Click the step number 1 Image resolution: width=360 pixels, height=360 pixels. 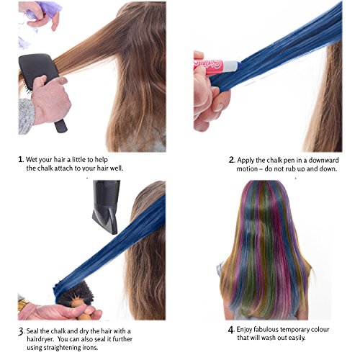(x=21, y=159)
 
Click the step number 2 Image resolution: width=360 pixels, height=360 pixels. (x=231, y=160)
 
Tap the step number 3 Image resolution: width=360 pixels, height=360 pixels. (x=21, y=331)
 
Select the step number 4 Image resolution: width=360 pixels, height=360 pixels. (x=231, y=330)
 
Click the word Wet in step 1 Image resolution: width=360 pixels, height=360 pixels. (x=32, y=160)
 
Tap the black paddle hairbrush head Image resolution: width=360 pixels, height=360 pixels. (x=38, y=71)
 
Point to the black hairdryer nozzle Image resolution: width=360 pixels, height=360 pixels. (x=106, y=207)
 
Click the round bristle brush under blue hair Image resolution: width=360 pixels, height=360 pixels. (x=78, y=297)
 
